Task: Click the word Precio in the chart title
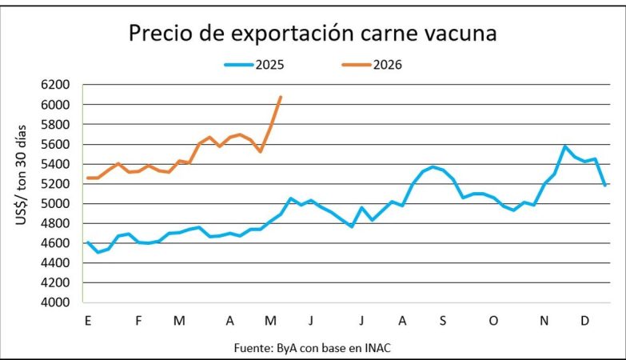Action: coord(161,33)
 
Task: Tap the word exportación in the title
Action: coord(293,34)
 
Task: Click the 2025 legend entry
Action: coord(254,65)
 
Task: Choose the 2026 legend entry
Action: coord(372,65)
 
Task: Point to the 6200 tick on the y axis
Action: coord(55,85)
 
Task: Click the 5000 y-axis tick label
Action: coord(55,204)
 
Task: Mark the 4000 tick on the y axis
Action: coord(55,302)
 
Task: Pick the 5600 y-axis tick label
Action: coord(55,144)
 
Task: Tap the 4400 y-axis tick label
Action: coord(55,263)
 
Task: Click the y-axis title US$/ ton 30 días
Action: coord(21,175)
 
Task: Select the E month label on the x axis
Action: coord(88,321)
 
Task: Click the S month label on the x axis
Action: coord(443,321)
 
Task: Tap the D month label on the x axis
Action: coord(584,321)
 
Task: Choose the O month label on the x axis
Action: coord(493,321)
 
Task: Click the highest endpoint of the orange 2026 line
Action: coord(281,97)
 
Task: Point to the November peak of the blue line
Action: coord(564,146)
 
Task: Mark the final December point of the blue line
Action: coord(605,186)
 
